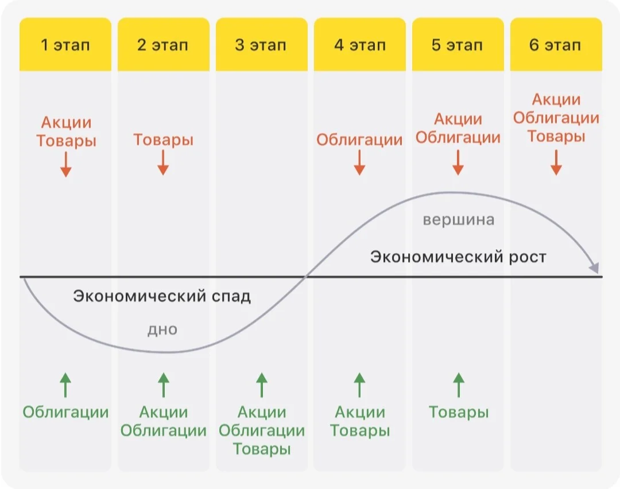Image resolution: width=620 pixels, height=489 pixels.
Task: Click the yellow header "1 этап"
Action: (65, 44)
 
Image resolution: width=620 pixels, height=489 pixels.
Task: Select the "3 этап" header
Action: (261, 44)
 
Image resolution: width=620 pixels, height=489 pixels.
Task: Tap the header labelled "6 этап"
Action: (556, 44)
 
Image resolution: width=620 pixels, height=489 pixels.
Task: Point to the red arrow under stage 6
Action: (556, 162)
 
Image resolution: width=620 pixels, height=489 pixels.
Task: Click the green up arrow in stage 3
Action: (261, 385)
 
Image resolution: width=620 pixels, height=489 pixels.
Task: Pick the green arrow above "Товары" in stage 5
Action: (458, 385)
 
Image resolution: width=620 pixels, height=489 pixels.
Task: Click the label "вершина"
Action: (458, 219)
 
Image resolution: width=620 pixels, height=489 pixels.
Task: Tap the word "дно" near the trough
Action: (162, 329)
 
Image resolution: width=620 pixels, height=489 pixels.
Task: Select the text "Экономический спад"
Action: (162, 296)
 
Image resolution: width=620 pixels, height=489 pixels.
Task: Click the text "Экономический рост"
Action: (458, 257)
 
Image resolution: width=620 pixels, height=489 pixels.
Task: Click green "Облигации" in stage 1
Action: (65, 412)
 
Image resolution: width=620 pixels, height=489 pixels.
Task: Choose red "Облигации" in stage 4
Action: (359, 139)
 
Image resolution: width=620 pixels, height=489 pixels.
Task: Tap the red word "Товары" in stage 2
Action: (163, 139)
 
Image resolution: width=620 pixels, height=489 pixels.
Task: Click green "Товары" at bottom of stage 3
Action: (261, 449)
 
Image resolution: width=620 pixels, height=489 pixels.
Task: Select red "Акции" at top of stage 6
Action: (556, 99)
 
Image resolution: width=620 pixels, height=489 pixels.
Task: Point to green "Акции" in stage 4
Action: (360, 412)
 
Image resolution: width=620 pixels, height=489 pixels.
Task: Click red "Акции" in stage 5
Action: (458, 119)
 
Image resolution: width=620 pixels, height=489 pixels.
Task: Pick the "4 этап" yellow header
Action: (359, 44)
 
